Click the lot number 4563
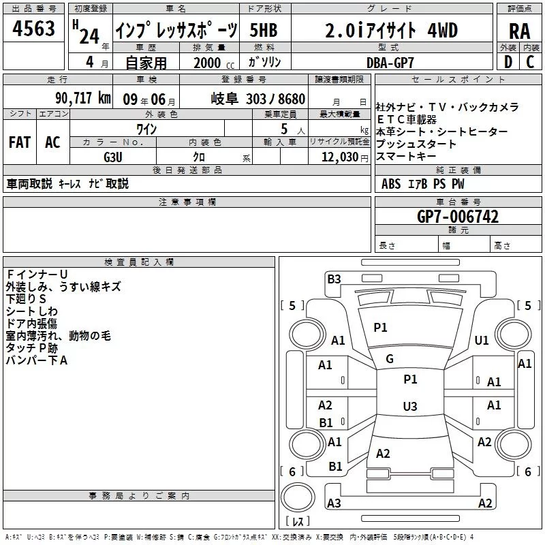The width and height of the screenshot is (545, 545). point(33,31)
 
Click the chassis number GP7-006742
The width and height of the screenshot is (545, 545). point(458,217)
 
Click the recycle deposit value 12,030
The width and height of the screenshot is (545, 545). point(337,157)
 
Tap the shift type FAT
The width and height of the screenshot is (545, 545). point(19,142)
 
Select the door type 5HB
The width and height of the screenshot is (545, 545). point(263,31)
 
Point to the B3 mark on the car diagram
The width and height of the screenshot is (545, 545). point(334,279)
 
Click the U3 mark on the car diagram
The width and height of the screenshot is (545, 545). point(409,407)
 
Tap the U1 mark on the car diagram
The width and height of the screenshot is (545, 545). point(482,341)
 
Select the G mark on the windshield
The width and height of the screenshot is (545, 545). point(390,359)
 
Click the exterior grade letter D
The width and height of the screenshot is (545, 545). point(508,62)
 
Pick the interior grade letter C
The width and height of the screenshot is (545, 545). point(530,62)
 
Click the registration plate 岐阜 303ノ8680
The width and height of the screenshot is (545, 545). point(258,99)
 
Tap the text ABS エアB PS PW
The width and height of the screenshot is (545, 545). point(424,184)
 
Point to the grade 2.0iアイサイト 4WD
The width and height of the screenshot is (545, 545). point(391,31)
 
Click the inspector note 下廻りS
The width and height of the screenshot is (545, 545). point(26,299)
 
